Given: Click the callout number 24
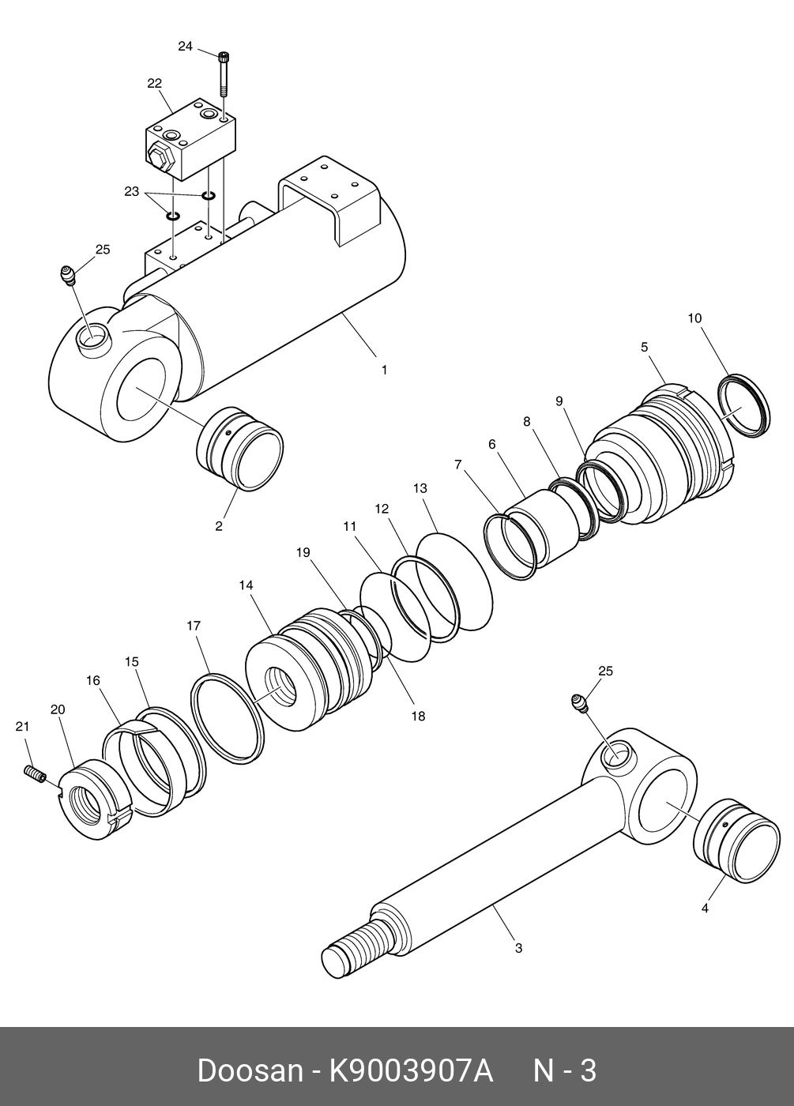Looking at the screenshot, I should [x=185, y=47].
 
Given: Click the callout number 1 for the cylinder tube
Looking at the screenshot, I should [x=385, y=369].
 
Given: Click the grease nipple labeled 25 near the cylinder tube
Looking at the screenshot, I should [x=69, y=276].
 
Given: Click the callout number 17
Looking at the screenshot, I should [x=194, y=626].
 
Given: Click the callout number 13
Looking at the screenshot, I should [x=420, y=489].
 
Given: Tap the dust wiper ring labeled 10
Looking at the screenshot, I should [x=743, y=405].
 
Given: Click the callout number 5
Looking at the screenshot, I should [x=644, y=347].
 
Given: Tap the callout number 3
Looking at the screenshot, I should [x=518, y=948].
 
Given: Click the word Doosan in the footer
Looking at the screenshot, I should [x=250, y=1071].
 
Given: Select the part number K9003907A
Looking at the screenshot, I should [x=411, y=1071].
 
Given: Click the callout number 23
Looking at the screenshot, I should [x=131, y=191].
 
